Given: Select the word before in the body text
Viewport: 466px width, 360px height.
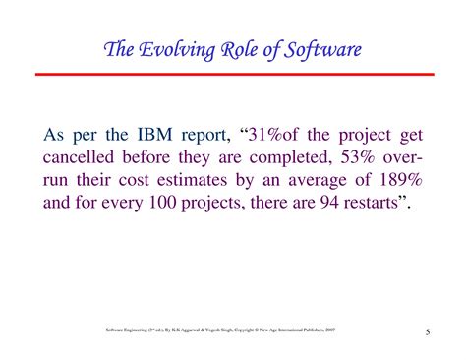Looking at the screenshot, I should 168,158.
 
